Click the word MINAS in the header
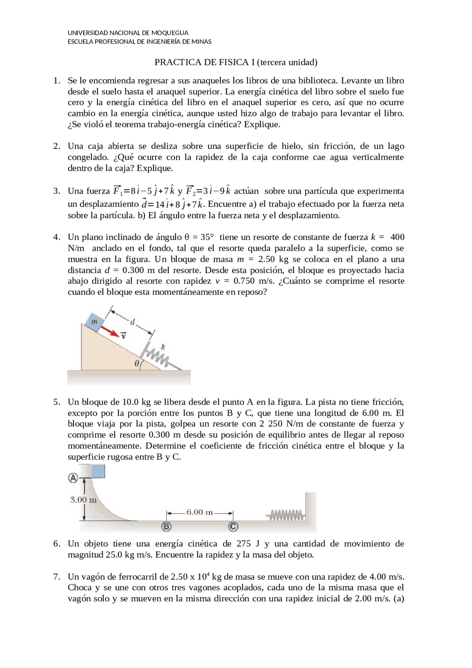(202, 42)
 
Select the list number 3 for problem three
(56, 191)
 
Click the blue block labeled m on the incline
(94, 322)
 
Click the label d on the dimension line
(132, 322)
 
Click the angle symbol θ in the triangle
(137, 363)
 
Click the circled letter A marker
(73, 478)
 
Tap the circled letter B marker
(167, 527)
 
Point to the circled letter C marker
(233, 527)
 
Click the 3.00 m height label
(83, 500)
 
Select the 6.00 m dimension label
(199, 512)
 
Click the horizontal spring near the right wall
(286, 515)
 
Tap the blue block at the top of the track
(98, 471)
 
